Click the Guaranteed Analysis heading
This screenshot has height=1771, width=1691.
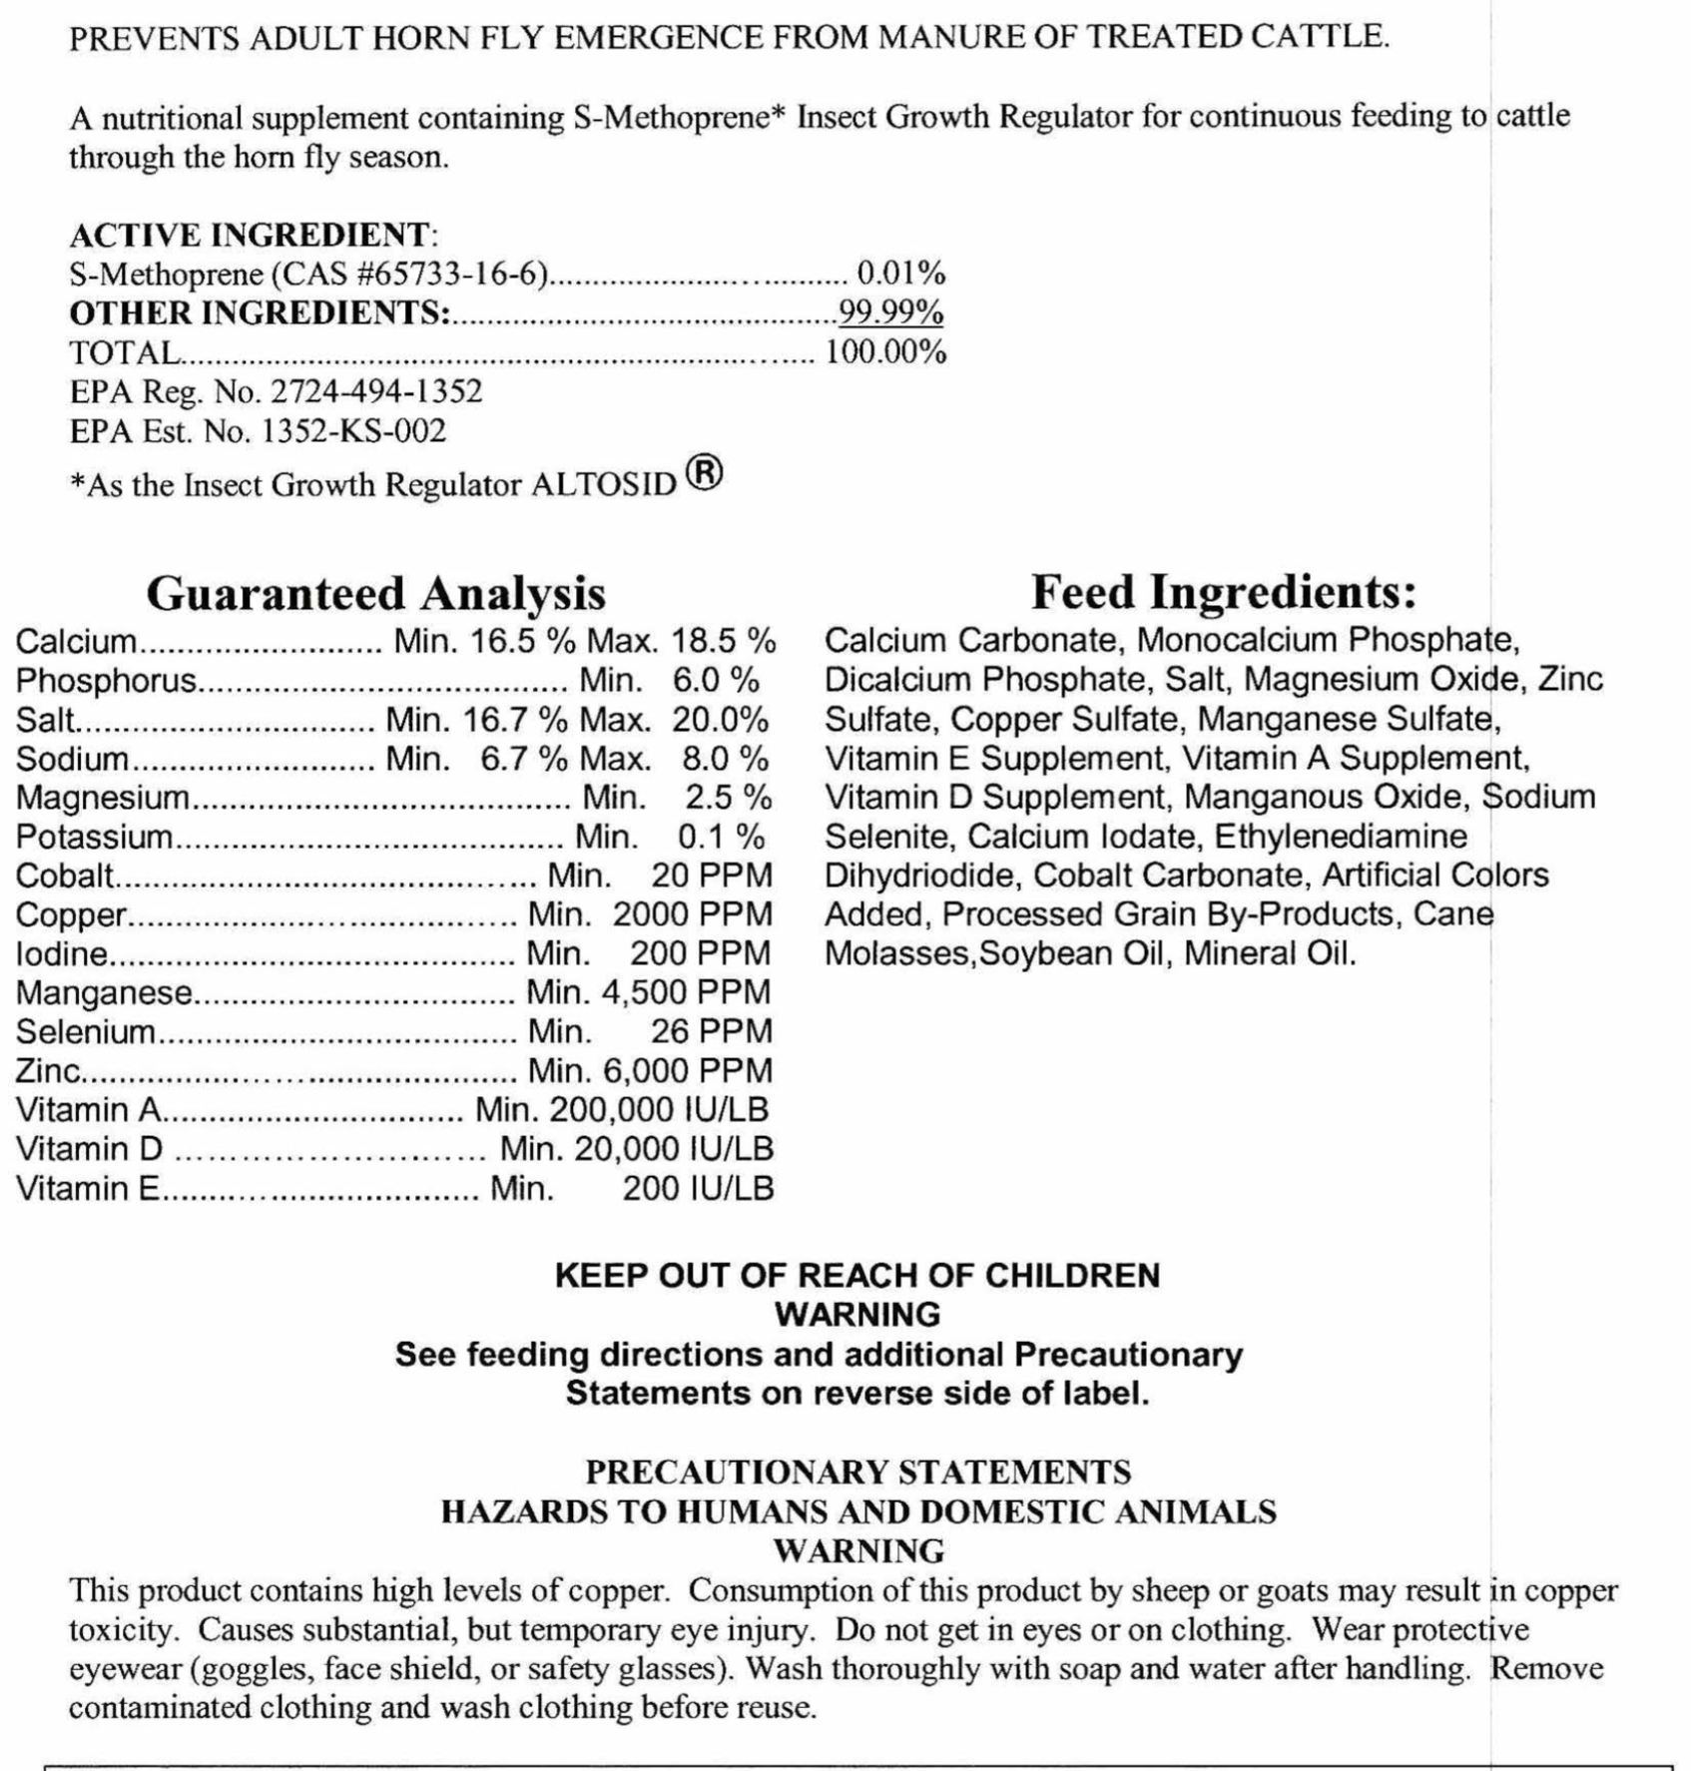pos(375,593)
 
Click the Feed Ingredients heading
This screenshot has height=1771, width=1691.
pos(1223,592)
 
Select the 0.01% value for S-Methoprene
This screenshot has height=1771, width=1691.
pos(900,273)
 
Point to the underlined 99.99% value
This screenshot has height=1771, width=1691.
pos(890,312)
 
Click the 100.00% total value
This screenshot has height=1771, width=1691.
pos(884,352)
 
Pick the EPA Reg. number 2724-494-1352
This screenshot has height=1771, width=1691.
pos(376,391)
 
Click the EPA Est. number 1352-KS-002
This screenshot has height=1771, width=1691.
pos(353,431)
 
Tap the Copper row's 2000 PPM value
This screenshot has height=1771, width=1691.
pos(692,914)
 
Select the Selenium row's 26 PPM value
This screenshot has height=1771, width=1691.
pos(711,1031)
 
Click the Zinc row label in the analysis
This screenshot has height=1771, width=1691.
pos(47,1071)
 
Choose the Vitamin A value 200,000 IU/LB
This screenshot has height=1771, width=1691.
pos(659,1110)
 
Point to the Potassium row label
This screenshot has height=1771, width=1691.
pos(94,837)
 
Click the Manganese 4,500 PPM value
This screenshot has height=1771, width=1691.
pos(686,992)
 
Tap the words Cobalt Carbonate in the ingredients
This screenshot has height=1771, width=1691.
pos(1168,876)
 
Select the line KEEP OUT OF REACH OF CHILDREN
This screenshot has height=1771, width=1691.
pos(857,1276)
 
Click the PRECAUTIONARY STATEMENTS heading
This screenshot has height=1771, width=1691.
pos(857,1473)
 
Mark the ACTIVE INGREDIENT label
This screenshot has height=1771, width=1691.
pos(250,235)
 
